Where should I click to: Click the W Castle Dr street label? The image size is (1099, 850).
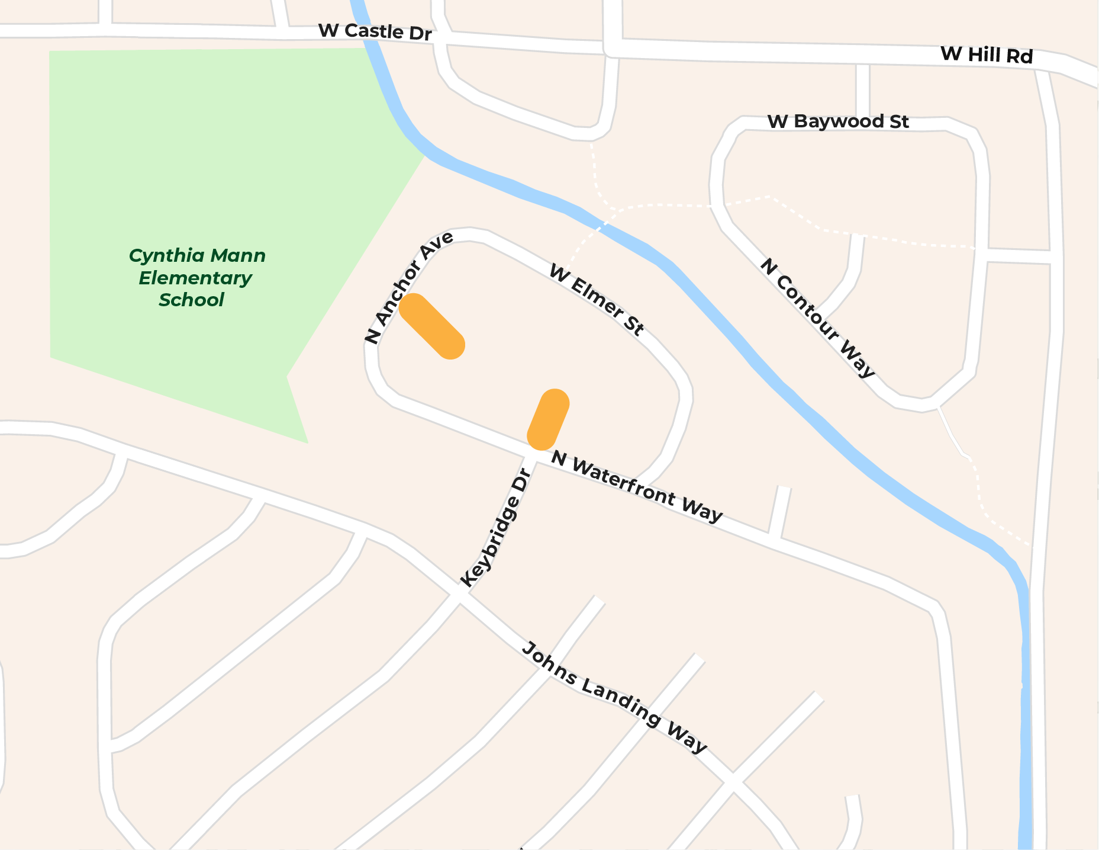(375, 32)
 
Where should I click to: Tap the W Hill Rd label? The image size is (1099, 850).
(987, 55)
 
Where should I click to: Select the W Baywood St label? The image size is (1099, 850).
(838, 121)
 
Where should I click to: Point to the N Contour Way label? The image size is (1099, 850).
(817, 317)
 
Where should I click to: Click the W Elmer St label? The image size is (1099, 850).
(596, 300)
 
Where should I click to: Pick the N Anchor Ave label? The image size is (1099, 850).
(409, 287)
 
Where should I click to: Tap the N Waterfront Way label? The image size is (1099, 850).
(636, 486)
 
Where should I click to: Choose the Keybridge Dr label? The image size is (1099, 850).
(494, 528)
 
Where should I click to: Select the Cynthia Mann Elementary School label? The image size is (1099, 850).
(196, 278)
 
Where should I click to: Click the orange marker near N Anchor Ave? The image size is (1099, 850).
(432, 326)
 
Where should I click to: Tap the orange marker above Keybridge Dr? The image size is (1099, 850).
(548, 419)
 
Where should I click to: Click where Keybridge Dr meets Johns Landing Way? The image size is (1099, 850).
(459, 595)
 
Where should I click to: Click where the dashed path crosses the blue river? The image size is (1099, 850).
(600, 226)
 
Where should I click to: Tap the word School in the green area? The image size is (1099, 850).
(191, 300)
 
